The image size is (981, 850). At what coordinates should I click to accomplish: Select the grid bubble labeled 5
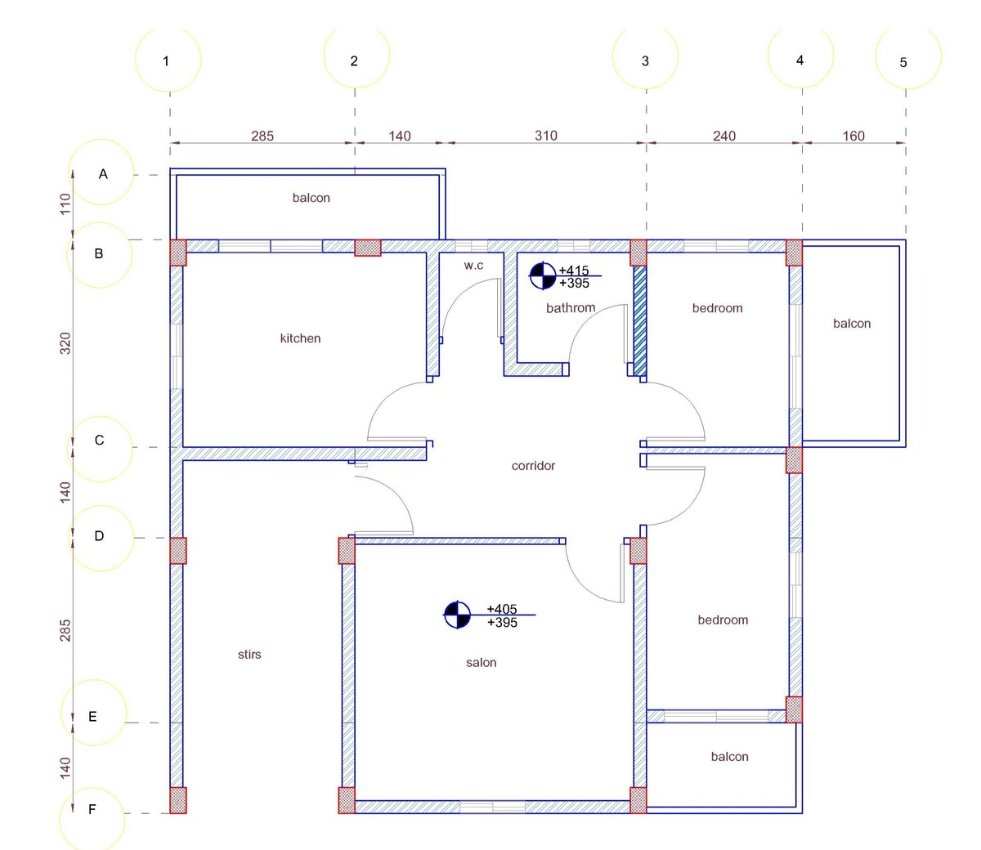[x=908, y=56]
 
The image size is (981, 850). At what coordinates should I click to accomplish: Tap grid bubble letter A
[x=101, y=172]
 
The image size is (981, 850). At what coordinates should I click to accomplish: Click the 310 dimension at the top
[x=546, y=136]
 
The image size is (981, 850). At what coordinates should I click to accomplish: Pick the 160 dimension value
[x=853, y=136]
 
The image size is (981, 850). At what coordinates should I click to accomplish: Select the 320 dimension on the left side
[x=65, y=343]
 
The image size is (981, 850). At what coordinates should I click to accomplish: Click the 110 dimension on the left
[x=65, y=204]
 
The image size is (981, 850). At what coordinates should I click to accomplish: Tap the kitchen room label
[x=300, y=338]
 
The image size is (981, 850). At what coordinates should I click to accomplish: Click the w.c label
[x=473, y=266]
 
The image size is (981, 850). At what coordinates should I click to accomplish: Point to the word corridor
[x=534, y=466]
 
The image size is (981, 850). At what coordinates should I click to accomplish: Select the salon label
[x=482, y=663]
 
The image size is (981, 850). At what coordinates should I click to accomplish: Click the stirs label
[x=249, y=655]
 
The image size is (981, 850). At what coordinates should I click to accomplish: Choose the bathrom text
[x=571, y=308]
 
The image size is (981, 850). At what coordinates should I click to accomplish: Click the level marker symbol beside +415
[x=543, y=275]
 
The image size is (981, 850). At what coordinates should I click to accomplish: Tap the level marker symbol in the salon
[x=457, y=615]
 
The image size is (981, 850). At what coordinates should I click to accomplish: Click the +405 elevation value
[x=502, y=609]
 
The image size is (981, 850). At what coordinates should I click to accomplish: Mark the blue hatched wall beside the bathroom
[x=640, y=321]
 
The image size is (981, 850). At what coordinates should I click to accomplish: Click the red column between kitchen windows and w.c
[x=368, y=248]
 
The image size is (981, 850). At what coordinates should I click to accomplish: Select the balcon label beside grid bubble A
[x=311, y=198]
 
